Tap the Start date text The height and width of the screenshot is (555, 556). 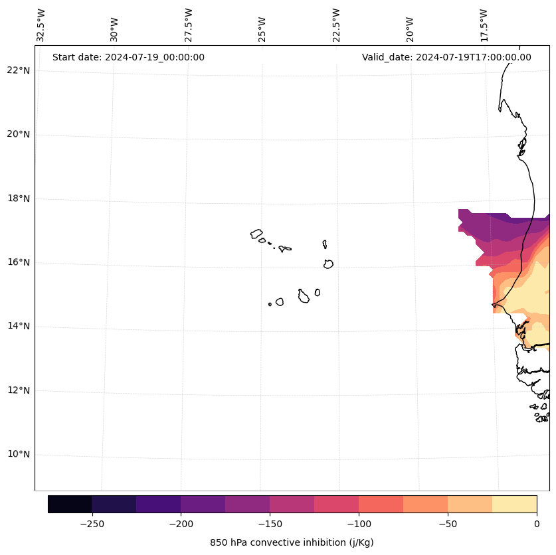(x=128, y=57)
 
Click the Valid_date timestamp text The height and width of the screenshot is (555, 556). (x=446, y=57)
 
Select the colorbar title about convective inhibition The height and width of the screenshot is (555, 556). (x=292, y=542)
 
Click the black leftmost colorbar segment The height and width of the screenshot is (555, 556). (x=70, y=504)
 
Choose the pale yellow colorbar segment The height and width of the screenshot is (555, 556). (x=514, y=504)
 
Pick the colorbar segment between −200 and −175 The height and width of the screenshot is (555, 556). (x=203, y=504)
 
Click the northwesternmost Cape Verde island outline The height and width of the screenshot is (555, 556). (x=256, y=234)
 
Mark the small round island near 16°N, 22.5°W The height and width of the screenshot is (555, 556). (x=328, y=264)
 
